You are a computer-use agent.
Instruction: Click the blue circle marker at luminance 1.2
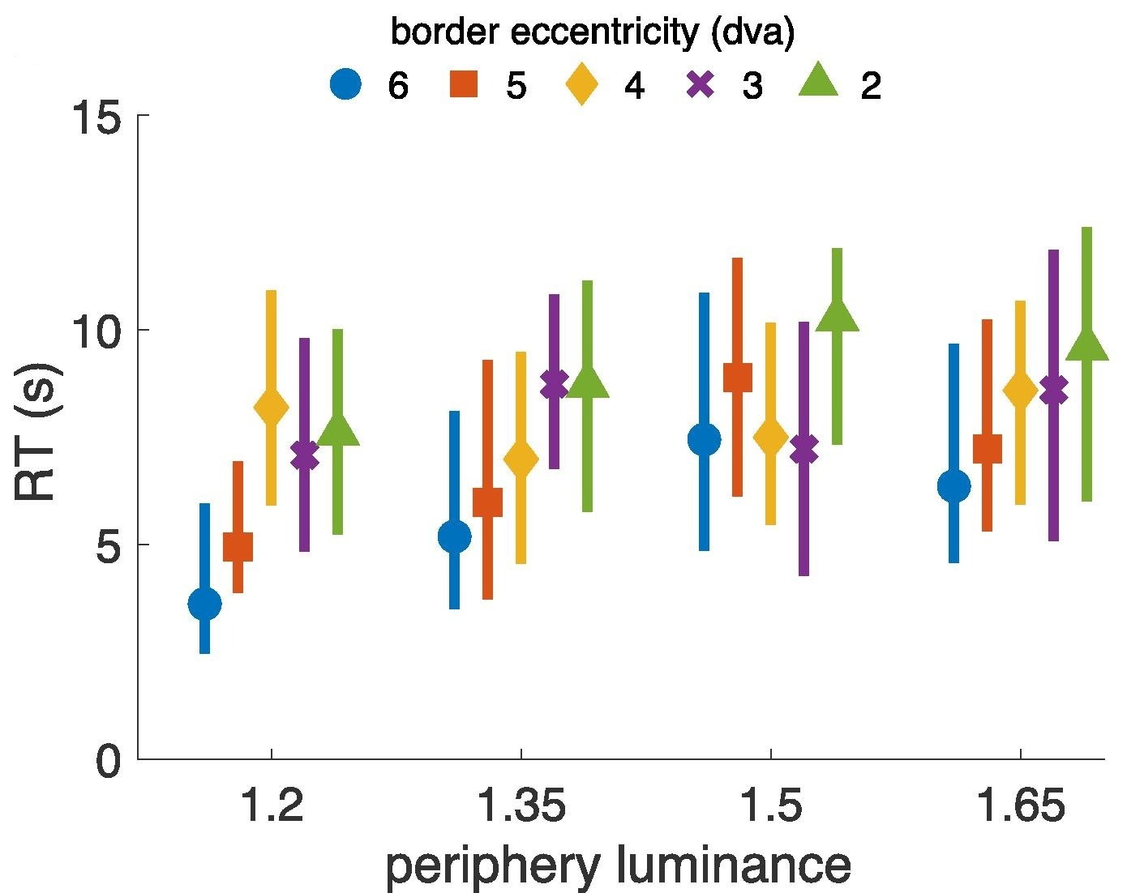point(204,604)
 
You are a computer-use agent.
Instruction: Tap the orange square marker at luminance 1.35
point(487,502)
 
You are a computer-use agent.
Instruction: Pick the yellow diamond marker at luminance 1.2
point(271,408)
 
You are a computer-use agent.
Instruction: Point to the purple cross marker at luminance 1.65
point(1053,390)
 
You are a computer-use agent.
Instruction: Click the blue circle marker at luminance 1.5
point(704,440)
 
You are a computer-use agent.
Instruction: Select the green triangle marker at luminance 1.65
point(1086,345)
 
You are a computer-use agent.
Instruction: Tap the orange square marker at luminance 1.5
point(738,377)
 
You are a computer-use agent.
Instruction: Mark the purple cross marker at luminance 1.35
point(554,384)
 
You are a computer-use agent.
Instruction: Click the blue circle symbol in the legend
point(346,84)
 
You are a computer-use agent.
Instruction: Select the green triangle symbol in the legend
point(818,83)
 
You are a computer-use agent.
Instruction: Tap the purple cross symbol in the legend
point(701,84)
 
